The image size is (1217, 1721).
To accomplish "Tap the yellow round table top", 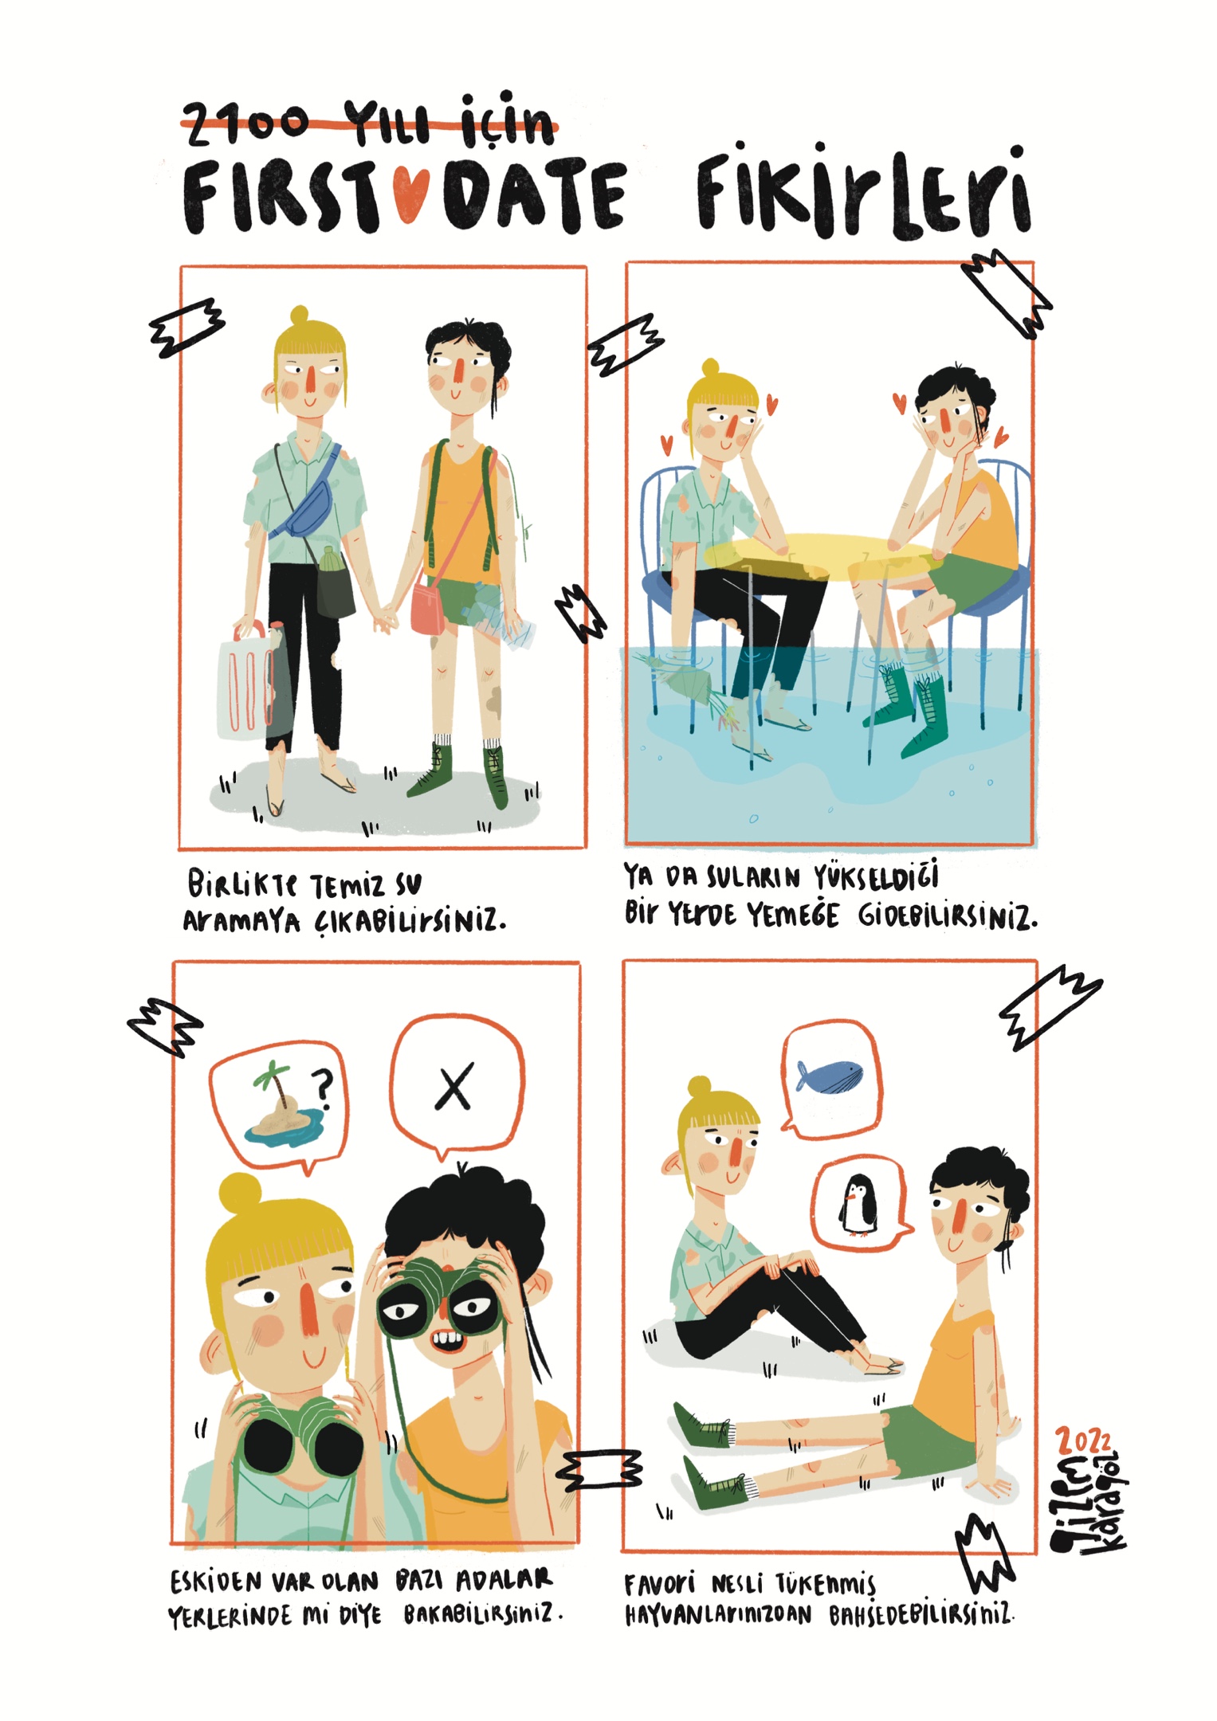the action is point(821,553).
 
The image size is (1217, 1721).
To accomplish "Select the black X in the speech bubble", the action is point(454,1086).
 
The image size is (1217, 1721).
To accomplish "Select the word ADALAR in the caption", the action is point(504,1580).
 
